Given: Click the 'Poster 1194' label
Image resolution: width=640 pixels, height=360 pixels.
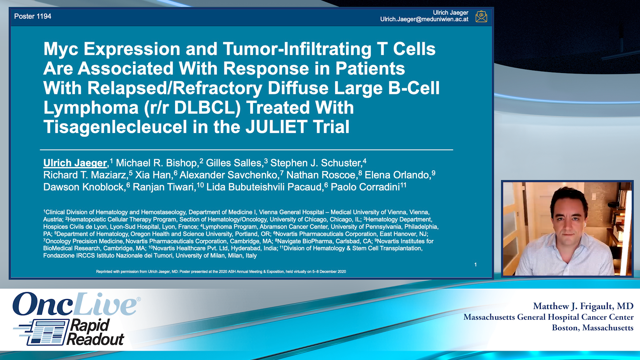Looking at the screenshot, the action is point(33,16).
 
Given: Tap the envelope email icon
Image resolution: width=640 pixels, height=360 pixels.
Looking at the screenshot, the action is point(481,16).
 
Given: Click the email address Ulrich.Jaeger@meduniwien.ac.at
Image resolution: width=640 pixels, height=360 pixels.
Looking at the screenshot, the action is point(424,19).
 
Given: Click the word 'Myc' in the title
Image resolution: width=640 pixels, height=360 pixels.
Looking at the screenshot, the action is point(61,49).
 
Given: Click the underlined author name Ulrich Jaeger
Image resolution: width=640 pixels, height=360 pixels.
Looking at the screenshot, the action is point(75,163).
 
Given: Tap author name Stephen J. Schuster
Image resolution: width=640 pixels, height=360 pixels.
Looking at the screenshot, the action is point(316,163).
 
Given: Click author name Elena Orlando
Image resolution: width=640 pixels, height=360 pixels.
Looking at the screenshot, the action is point(397,175).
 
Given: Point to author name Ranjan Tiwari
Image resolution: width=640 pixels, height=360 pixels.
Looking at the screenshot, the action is point(164,187).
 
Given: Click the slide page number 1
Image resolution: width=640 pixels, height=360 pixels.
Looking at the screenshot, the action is point(476,265).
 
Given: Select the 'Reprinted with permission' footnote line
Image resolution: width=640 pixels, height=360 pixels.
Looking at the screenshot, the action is point(221,272).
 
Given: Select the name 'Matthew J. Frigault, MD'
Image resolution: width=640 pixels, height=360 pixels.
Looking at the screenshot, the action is point(583,306).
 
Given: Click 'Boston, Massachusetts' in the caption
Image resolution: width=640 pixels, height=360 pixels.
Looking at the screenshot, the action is point(593,328).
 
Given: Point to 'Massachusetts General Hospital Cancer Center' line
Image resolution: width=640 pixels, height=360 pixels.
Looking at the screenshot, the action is point(549,317).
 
